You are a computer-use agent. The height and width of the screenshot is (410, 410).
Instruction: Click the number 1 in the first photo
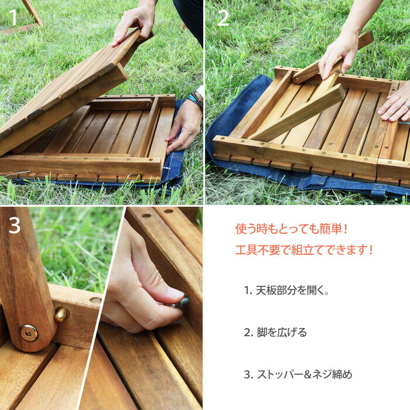pyautogui.click(x=13, y=18)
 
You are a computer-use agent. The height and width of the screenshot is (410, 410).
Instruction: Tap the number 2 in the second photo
pyautogui.click(x=223, y=18)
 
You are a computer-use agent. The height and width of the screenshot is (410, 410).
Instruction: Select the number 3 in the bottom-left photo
pyautogui.click(x=15, y=225)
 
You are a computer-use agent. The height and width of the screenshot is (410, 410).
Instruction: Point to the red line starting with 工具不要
pyautogui.click(x=304, y=250)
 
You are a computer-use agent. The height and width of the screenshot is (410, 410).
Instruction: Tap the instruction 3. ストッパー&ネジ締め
pyautogui.click(x=298, y=374)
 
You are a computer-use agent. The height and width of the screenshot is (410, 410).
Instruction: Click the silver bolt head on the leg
pyautogui.click(x=29, y=333)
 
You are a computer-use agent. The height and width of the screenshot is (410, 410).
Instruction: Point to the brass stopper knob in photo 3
pyautogui.click(x=61, y=314)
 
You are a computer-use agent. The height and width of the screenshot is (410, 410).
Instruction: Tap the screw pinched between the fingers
pyautogui.click(x=181, y=303)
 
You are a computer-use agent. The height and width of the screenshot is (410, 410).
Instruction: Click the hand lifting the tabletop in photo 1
pyautogui.click(x=134, y=23)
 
